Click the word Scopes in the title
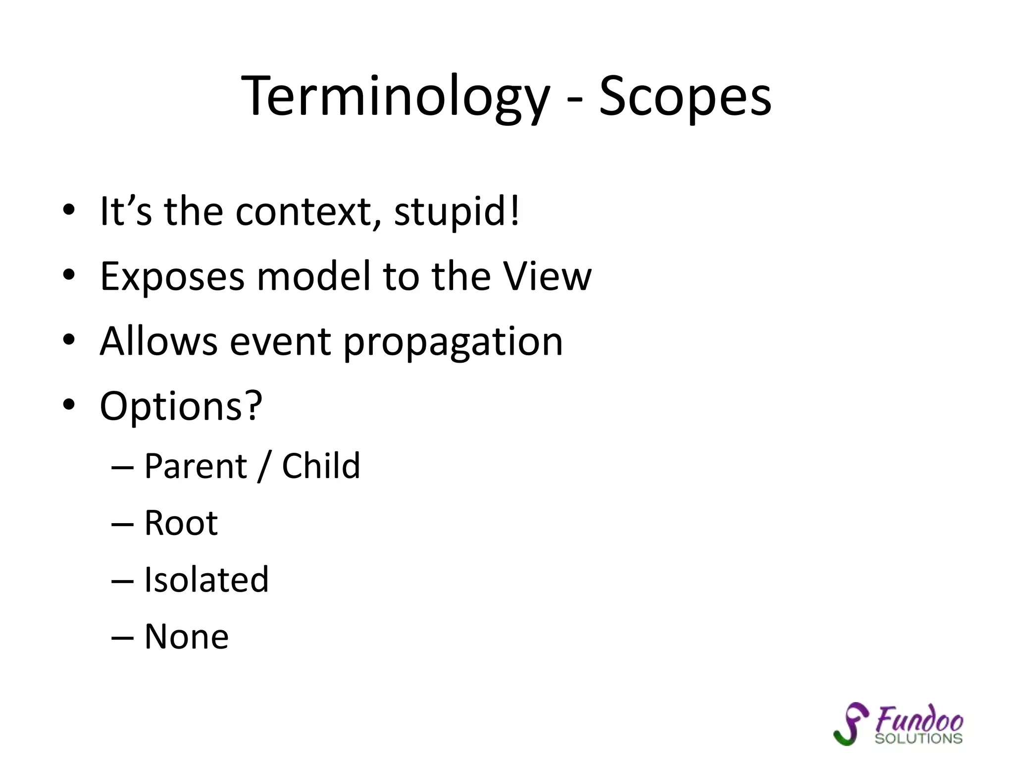(685, 97)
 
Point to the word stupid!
(457, 212)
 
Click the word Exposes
(172, 277)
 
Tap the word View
(547, 276)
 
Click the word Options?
(181, 407)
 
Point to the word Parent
(196, 467)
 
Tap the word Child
(321, 467)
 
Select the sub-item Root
(181, 523)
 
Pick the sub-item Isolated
(206, 580)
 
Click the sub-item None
(186, 637)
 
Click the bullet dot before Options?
(69, 405)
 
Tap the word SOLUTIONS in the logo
(918, 739)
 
